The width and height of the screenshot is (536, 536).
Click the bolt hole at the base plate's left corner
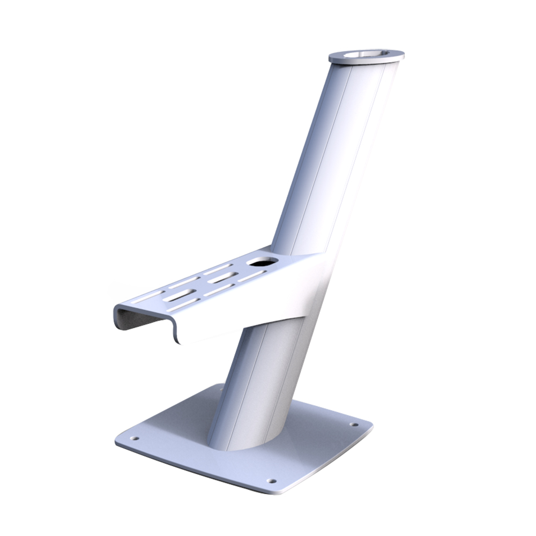(134, 438)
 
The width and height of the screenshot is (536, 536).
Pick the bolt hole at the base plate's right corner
(354, 425)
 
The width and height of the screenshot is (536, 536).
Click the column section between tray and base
(263, 375)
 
